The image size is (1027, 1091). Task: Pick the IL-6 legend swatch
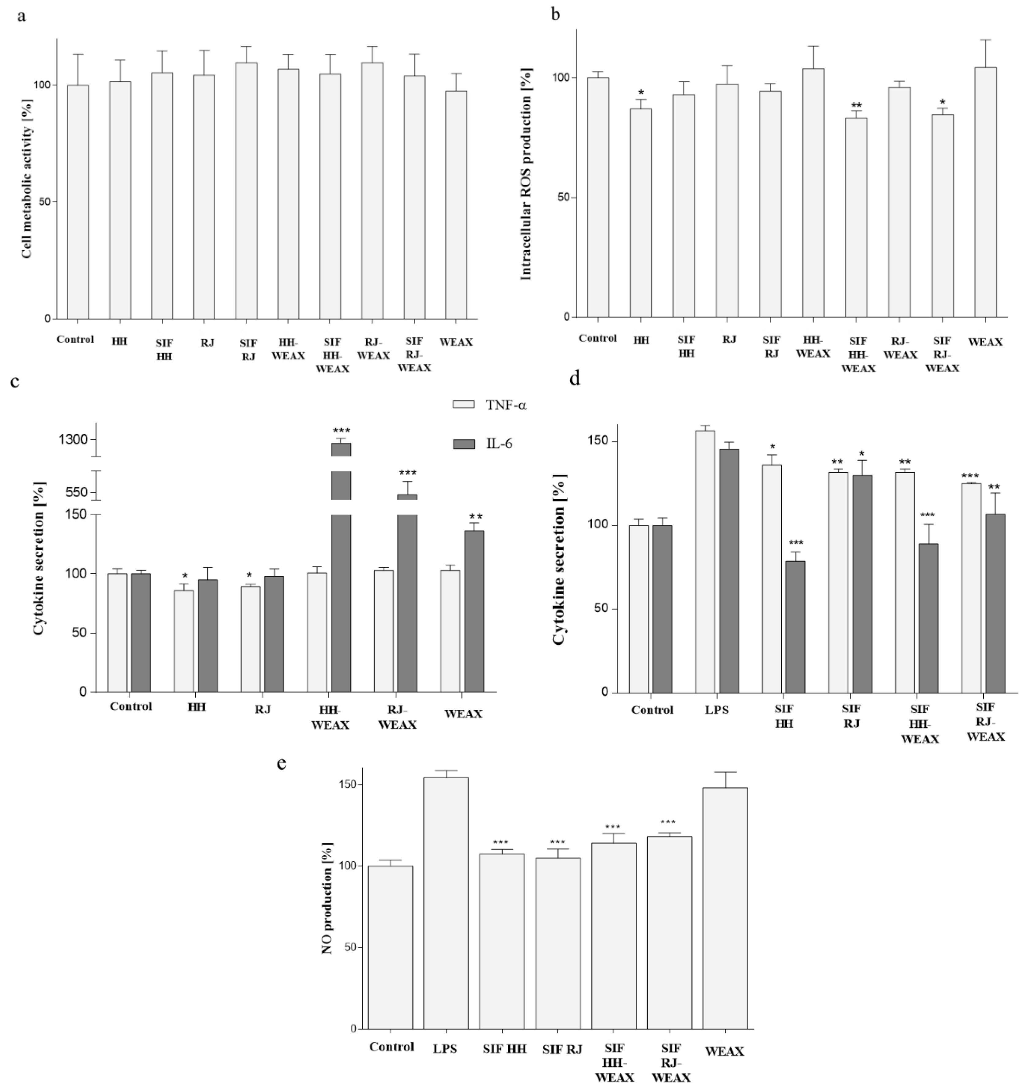click(x=463, y=444)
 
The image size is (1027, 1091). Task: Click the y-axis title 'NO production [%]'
click(x=328, y=898)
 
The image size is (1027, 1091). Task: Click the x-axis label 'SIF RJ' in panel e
click(x=562, y=1049)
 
